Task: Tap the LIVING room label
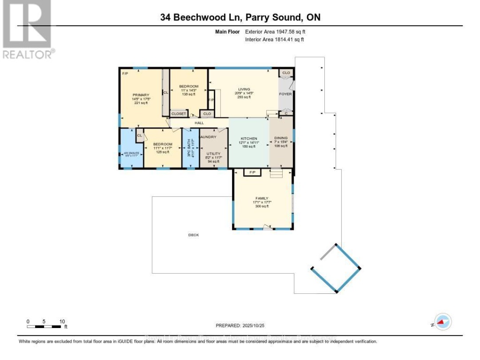point(243,89)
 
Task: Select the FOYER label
point(285,94)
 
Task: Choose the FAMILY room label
point(262,198)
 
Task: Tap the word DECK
point(193,235)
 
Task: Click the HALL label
point(199,123)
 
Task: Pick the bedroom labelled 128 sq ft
point(162,144)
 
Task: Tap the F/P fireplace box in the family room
point(252,172)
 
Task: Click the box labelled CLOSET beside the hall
point(179,114)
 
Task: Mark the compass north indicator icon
point(443,321)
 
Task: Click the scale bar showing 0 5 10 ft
point(44,326)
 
